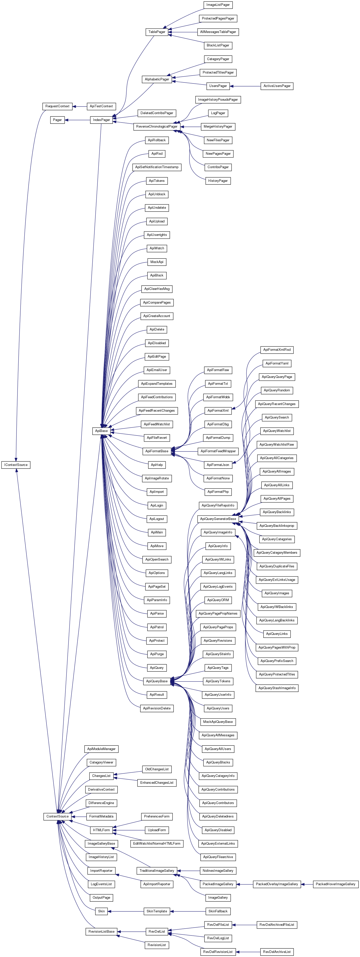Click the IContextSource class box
[x=16, y=465]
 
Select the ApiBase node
[x=101, y=431]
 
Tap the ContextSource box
[x=57, y=816]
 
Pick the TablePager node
[x=157, y=32]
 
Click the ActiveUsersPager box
[x=277, y=86]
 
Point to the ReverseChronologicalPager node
[x=157, y=127]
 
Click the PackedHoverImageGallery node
[x=335, y=884]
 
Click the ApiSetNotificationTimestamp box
[x=157, y=167]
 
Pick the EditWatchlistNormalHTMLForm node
[x=157, y=843]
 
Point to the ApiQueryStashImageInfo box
[x=277, y=688]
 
